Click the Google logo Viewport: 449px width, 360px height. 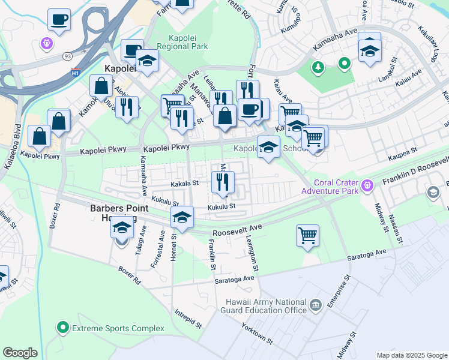(20, 353)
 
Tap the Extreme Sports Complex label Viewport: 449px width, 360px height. (117, 328)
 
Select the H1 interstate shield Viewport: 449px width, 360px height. (75, 72)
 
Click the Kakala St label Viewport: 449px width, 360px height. (184, 184)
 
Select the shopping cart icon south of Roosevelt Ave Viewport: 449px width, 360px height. (307, 235)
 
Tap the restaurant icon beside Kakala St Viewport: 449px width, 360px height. (223, 182)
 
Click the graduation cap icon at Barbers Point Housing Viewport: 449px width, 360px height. (122, 229)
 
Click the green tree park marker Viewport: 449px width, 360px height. (318, 67)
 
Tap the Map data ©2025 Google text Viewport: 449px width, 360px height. (412, 355)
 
